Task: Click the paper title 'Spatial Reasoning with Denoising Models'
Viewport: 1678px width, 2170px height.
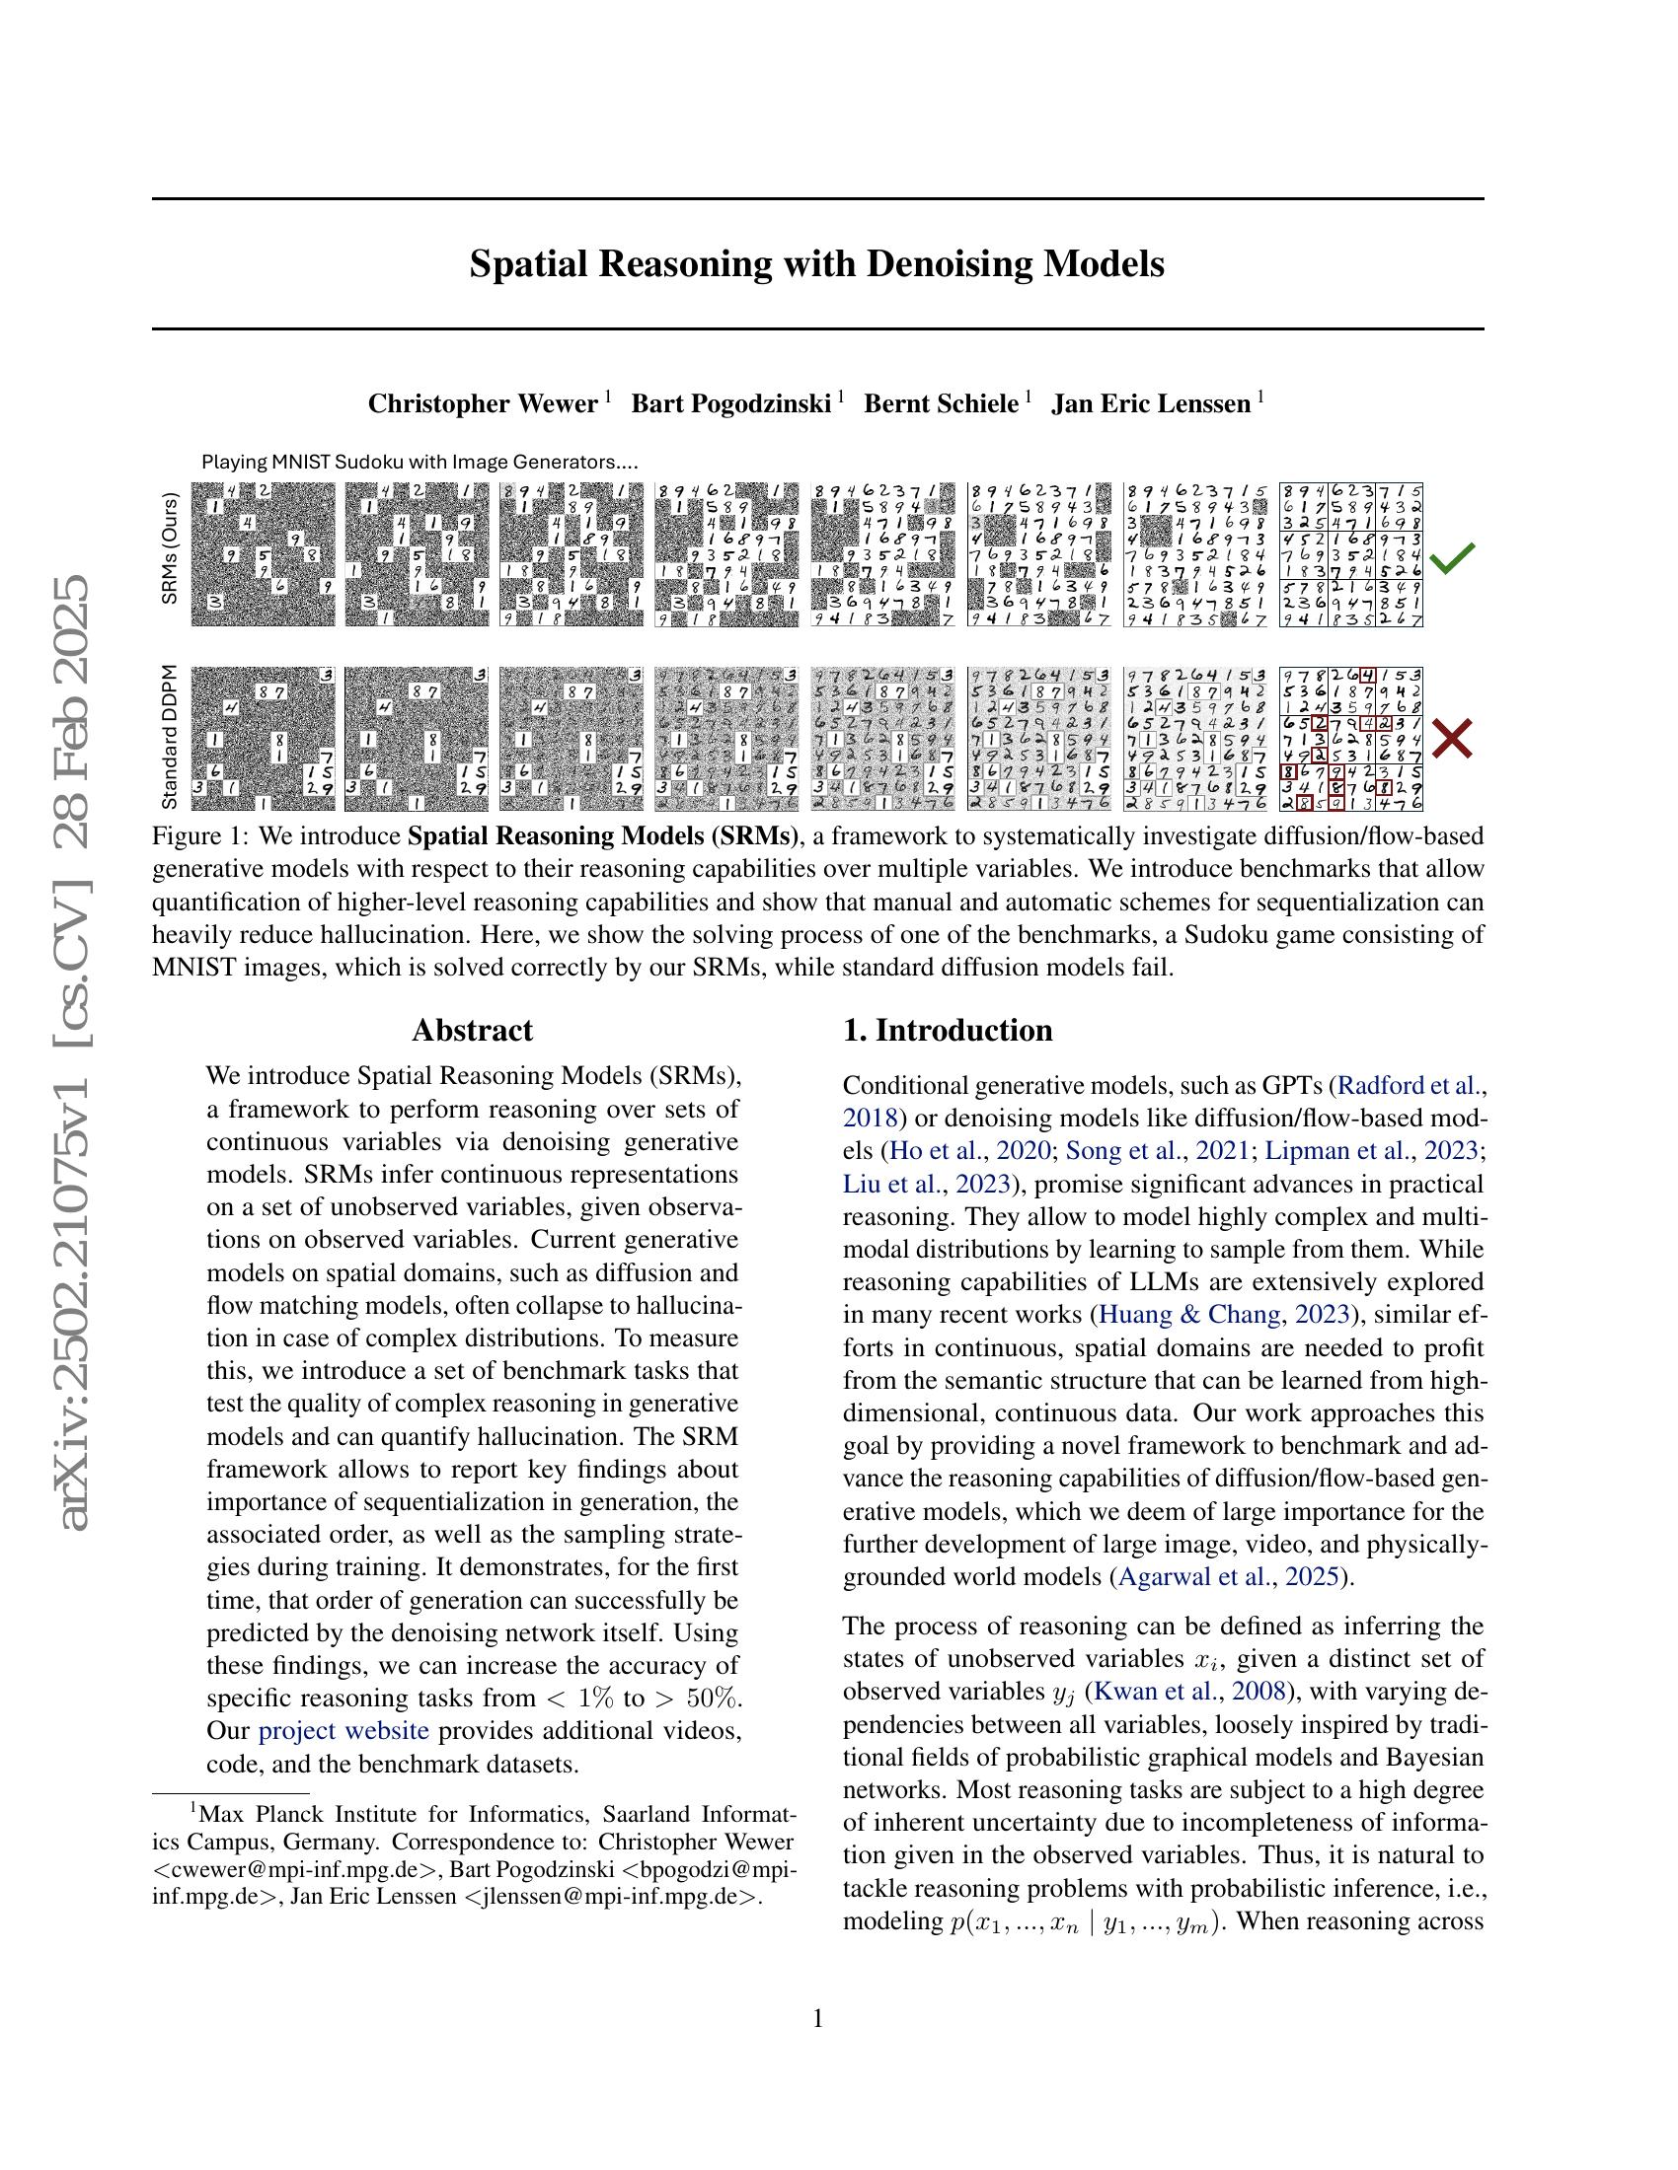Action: click(816, 264)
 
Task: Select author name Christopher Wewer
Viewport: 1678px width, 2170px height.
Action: click(482, 403)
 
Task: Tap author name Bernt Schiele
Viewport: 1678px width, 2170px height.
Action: click(941, 403)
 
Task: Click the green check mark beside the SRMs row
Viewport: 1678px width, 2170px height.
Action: click(1451, 558)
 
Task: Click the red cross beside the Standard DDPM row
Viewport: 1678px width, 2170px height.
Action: click(1451, 739)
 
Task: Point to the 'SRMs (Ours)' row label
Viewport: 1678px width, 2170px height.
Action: click(170, 547)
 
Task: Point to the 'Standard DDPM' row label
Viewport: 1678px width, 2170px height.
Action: click(170, 736)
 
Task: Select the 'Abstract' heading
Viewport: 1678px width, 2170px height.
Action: click(472, 1030)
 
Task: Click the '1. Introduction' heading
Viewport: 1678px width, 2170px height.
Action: click(948, 1030)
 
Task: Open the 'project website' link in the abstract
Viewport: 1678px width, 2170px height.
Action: click(343, 1731)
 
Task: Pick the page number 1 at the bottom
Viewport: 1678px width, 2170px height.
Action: click(817, 2018)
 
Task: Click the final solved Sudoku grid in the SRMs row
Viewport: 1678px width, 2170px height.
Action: click(1351, 554)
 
